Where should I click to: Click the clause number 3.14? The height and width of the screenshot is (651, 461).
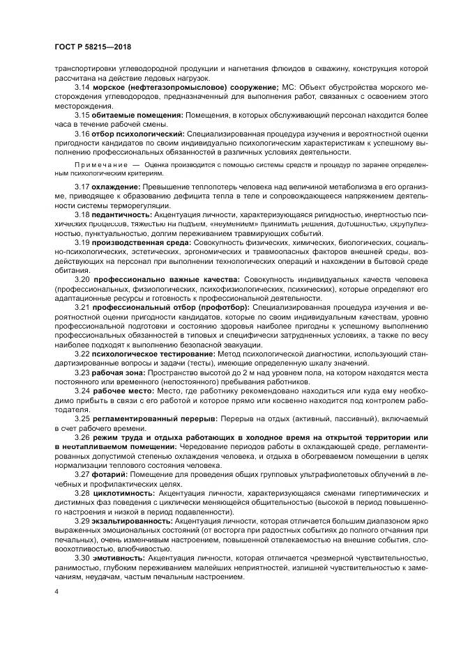82,86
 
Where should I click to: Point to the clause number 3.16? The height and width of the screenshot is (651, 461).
82,132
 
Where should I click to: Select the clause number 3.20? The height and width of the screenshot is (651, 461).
82,279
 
